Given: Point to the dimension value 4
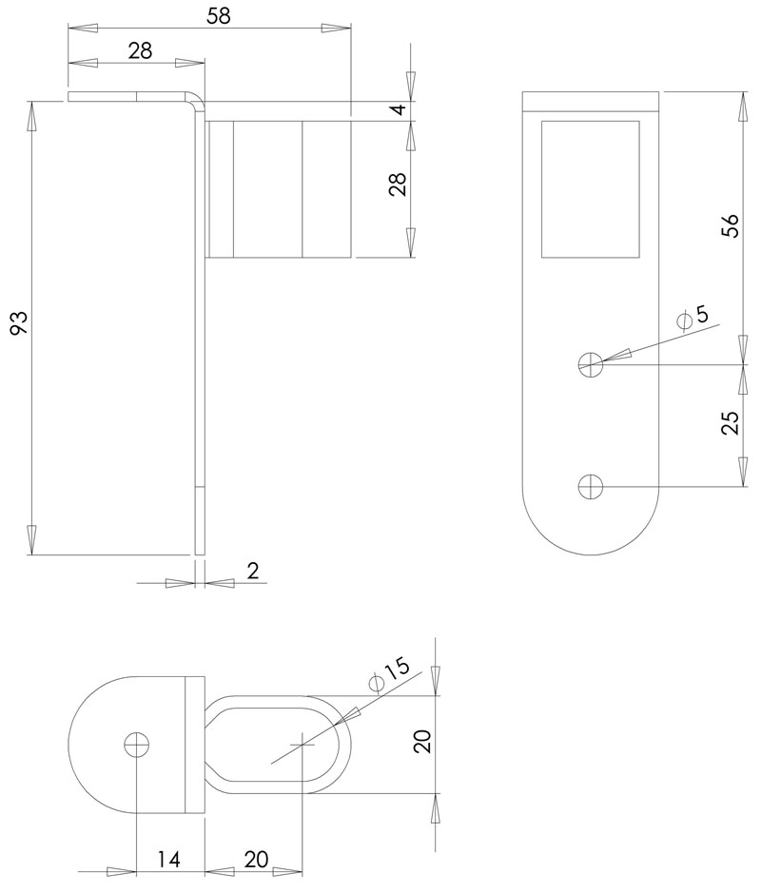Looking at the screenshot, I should (400, 110).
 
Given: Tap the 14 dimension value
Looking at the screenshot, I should (168, 860).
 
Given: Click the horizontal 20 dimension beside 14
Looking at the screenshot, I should (256, 860).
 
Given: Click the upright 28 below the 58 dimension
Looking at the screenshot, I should (140, 51).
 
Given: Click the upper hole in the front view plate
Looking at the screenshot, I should (591, 363).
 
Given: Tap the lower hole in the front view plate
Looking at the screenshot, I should (591, 487).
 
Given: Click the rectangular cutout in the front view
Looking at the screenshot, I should (590, 188).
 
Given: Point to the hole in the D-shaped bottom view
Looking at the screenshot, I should (137, 745).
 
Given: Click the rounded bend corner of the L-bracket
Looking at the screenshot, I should (197, 100).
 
